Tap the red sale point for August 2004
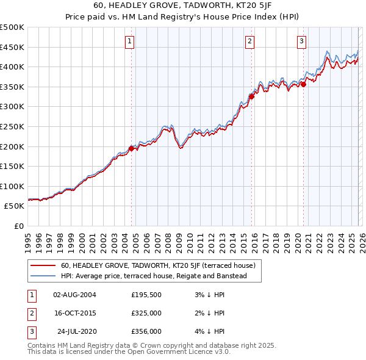[131, 148]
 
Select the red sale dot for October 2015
[251, 96]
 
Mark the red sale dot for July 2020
[303, 85]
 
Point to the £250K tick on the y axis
[12, 126]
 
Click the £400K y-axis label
[12, 67]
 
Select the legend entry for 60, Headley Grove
[162, 265]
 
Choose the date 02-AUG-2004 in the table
[74, 295]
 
